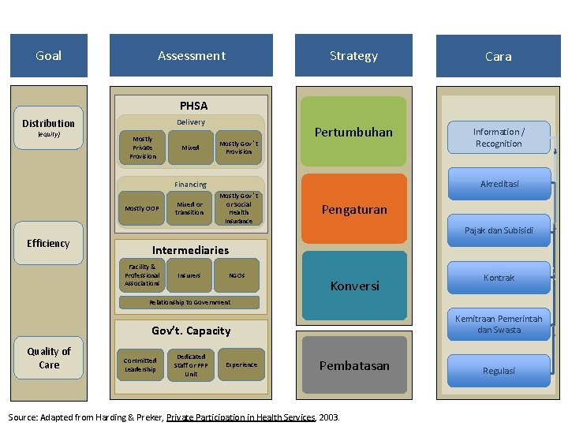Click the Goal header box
click(48, 56)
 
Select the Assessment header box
click(192, 56)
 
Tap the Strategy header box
click(353, 56)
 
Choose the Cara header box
click(498, 57)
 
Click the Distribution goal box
click(49, 123)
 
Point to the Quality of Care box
click(49, 358)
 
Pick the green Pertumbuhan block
click(354, 132)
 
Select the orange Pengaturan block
click(354, 210)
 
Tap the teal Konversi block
click(354, 286)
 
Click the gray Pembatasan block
click(354, 365)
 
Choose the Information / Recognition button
click(498, 137)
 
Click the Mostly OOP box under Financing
click(142, 208)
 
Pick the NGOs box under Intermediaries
click(237, 275)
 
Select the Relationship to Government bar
click(189, 302)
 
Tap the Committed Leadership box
click(140, 364)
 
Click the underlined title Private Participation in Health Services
click(241, 416)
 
